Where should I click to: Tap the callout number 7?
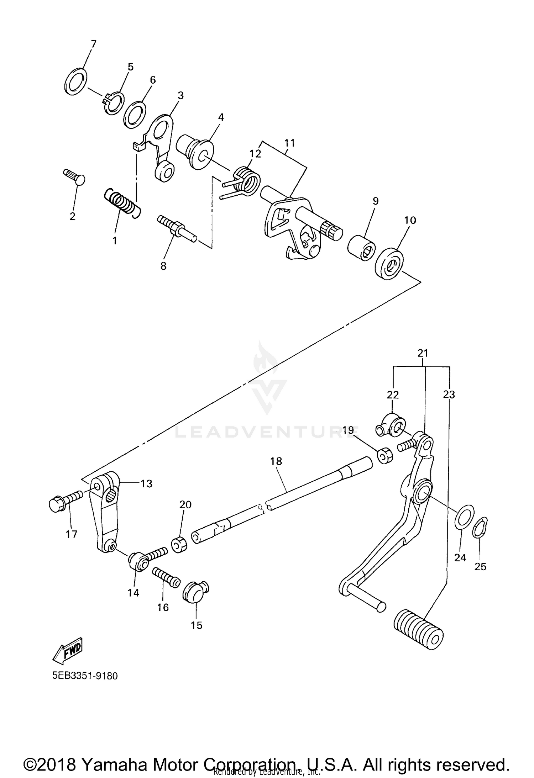click(93, 44)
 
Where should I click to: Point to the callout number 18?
click(276, 461)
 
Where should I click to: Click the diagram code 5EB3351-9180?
click(85, 676)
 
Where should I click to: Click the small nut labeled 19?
click(384, 456)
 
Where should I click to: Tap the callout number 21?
click(423, 353)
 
